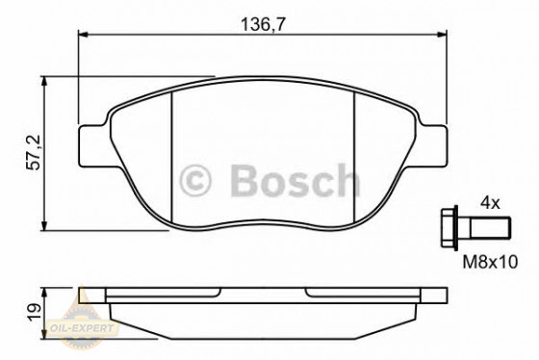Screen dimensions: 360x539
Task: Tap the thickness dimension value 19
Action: tap(32, 309)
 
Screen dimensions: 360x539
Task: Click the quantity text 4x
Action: tap(490, 202)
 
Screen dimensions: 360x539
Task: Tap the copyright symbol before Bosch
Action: tap(194, 180)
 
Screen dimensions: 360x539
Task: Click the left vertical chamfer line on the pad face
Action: tap(170, 154)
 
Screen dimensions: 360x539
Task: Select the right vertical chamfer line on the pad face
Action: tap(355, 154)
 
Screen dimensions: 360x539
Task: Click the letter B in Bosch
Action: tap(241, 180)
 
